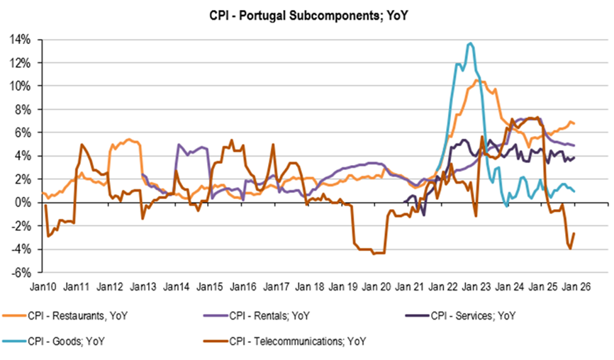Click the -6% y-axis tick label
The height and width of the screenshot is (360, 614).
click(x=21, y=272)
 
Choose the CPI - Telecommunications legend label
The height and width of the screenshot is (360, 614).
click(x=298, y=341)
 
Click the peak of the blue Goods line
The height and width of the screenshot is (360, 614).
click(x=470, y=44)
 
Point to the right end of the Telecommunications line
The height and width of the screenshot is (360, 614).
click(x=574, y=233)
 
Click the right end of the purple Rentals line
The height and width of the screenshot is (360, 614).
click(x=574, y=145)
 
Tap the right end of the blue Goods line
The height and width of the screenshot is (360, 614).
click(x=574, y=191)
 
